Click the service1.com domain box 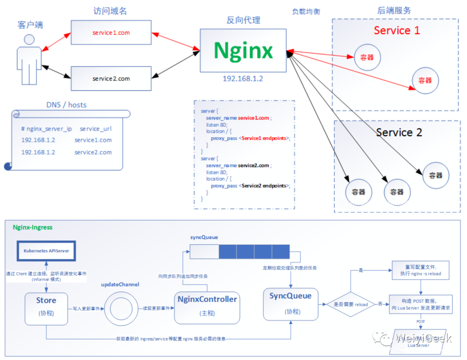111,32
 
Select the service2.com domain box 111,79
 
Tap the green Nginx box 243,51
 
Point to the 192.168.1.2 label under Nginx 243,79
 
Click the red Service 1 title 397,30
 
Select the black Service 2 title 399,132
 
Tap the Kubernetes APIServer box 43,251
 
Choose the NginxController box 207,307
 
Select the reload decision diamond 351,304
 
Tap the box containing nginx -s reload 421,271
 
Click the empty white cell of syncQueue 204,251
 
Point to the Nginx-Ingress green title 32,227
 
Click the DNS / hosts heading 66,105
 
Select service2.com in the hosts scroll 93,152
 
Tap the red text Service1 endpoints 264,138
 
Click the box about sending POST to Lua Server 421,304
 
